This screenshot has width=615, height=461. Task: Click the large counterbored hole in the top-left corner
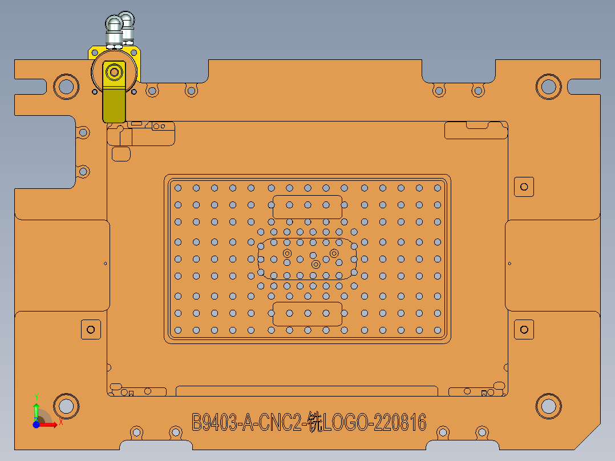point(66,86)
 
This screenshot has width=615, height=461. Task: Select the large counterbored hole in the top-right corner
point(548,86)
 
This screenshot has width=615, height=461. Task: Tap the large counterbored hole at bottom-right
point(548,406)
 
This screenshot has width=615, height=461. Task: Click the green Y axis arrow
point(36,409)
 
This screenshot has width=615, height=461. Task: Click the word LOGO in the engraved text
point(346,423)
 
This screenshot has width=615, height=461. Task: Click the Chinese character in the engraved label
point(315,423)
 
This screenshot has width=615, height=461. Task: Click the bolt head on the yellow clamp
point(115,72)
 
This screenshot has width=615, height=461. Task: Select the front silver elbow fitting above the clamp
point(114,29)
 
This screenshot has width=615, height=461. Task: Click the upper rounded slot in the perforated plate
point(307,206)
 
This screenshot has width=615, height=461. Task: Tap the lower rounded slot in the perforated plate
point(307,314)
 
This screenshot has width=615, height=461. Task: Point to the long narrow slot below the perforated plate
point(307,391)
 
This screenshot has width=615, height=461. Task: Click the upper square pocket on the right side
point(524,187)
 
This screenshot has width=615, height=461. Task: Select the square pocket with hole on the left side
point(90,329)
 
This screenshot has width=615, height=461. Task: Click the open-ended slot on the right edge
point(584,86)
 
